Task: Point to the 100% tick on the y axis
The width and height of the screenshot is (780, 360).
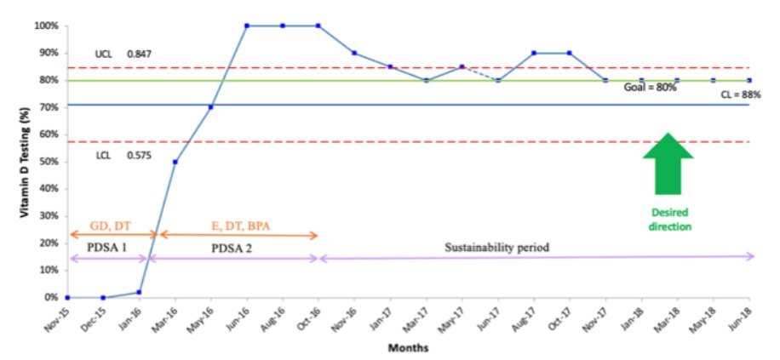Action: click(x=46, y=26)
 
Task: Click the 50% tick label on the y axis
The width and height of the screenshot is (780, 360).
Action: click(x=48, y=162)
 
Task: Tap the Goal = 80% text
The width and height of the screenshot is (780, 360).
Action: click(x=650, y=88)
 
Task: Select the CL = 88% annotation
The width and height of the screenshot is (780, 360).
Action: click(x=737, y=95)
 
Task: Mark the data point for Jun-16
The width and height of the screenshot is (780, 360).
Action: click(x=247, y=26)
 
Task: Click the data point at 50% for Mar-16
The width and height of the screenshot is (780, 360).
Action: click(x=175, y=162)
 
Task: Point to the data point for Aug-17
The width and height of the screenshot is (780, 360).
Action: click(x=534, y=53)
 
